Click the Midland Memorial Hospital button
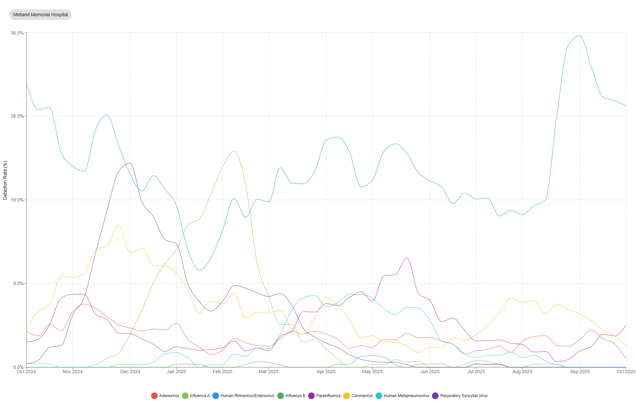tap(40, 15)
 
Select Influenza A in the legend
tap(196, 396)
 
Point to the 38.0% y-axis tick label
tap(17, 33)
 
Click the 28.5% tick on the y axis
tap(17, 116)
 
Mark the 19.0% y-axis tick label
tap(17, 200)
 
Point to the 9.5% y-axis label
tap(18, 284)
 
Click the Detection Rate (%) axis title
tap(5, 180)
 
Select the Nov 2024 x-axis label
tap(73, 372)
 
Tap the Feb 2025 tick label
tap(222, 372)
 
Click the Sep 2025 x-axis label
tap(580, 372)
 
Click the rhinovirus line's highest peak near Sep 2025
tap(579, 36)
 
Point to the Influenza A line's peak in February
tap(234, 151)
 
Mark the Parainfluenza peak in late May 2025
tap(407, 258)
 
